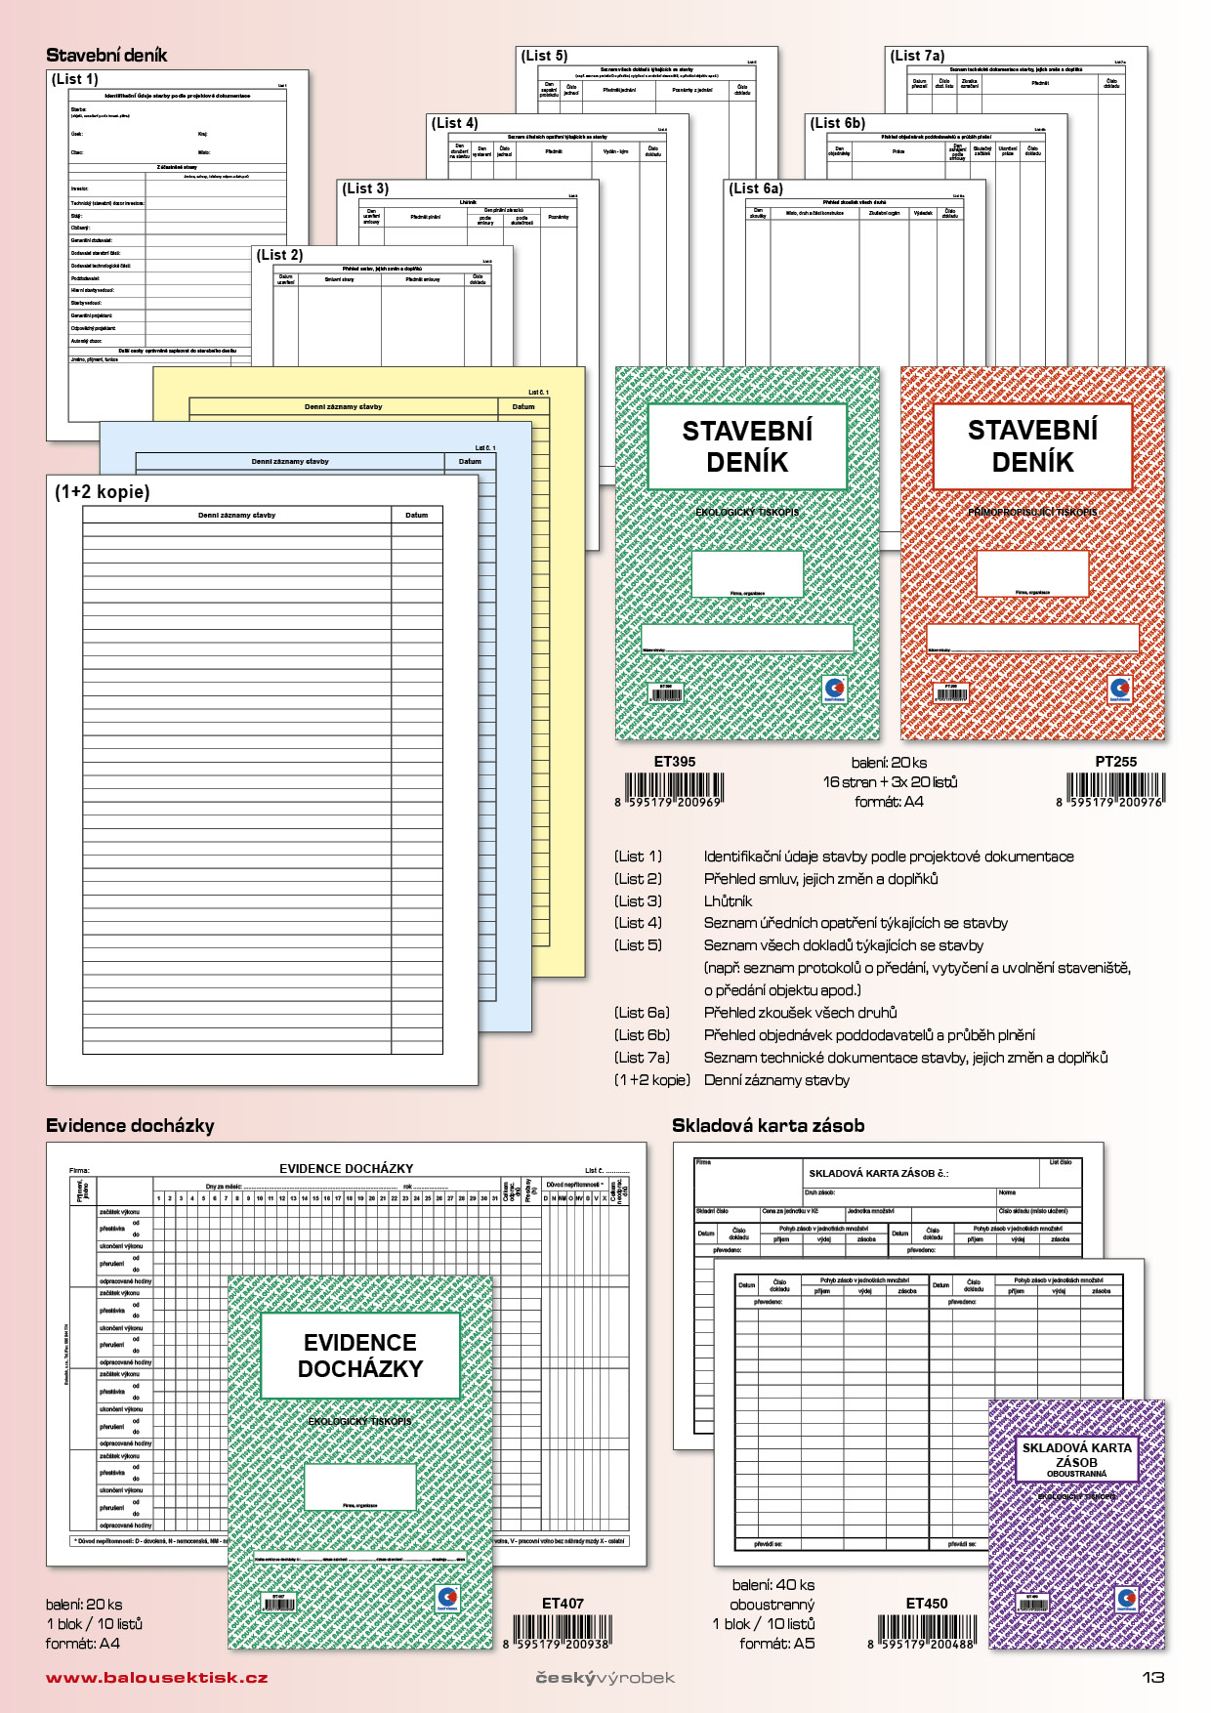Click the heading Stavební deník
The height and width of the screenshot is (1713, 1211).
click(106, 56)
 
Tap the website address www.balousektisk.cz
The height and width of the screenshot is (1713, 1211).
click(156, 1677)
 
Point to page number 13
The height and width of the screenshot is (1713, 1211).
click(1153, 1677)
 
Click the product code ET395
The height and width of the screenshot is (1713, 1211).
click(675, 762)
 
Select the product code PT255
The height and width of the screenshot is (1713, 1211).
click(1115, 762)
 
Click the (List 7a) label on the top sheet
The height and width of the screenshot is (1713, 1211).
click(917, 56)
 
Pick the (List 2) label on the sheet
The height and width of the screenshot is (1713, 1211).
click(279, 255)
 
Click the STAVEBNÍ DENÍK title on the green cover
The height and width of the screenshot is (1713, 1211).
click(747, 446)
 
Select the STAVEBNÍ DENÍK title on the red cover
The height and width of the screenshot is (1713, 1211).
click(1032, 446)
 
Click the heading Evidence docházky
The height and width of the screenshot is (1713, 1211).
click(130, 1126)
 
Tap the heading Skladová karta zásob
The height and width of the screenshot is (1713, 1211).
click(768, 1126)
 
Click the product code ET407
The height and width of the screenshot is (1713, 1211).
click(563, 1604)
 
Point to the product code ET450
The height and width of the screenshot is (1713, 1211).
click(926, 1604)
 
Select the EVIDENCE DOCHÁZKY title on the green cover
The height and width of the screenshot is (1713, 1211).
click(360, 1356)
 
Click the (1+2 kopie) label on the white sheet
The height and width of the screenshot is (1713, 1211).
click(103, 492)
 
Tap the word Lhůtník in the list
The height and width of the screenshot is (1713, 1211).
click(728, 901)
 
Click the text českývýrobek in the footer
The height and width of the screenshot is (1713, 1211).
click(605, 1678)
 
